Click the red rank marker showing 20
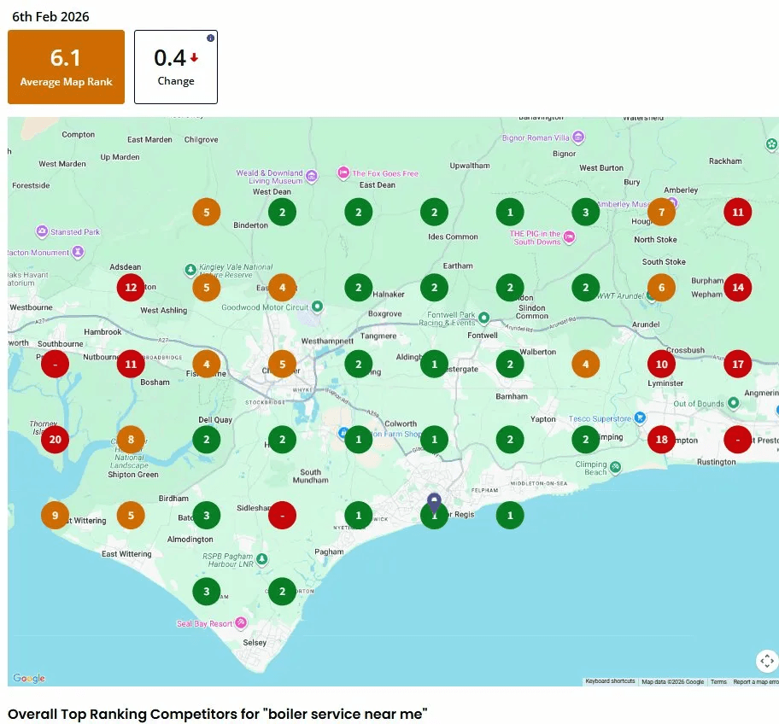click(x=56, y=440)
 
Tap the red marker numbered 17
click(x=737, y=365)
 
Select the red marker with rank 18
click(x=661, y=440)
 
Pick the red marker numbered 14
click(x=737, y=288)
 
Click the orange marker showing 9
click(x=56, y=515)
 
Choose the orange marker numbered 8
click(x=131, y=440)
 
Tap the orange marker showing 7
click(x=661, y=212)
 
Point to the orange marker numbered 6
click(x=661, y=288)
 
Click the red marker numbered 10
click(x=661, y=365)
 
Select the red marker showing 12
click(x=131, y=288)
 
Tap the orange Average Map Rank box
click(x=66, y=67)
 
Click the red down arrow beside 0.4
click(x=194, y=58)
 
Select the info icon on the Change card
click(x=210, y=38)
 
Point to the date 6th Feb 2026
click(x=50, y=16)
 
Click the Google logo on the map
click(x=28, y=679)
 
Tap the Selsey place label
click(x=255, y=642)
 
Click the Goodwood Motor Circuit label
click(x=266, y=307)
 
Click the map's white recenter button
click(x=766, y=661)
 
